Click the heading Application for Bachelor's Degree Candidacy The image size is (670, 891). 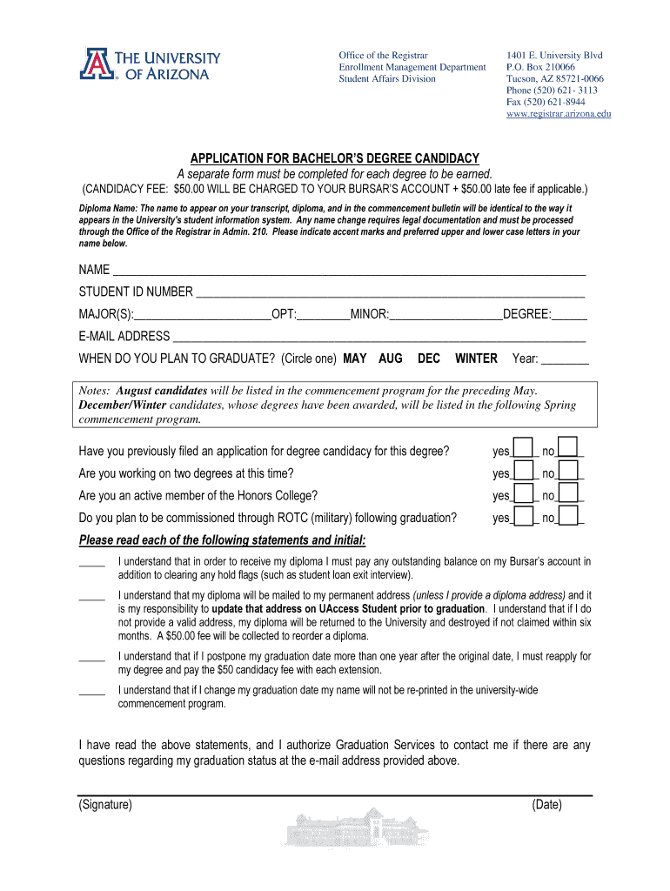click(x=335, y=158)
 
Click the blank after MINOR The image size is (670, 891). click(x=446, y=314)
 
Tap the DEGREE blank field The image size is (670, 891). click(x=569, y=314)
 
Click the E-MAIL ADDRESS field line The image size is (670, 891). click(x=379, y=337)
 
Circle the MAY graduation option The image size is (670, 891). click(x=355, y=358)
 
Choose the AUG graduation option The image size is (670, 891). click(x=391, y=358)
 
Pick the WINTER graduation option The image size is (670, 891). click(x=476, y=358)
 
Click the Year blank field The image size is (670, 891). click(x=565, y=359)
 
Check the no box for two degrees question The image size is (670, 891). click(x=567, y=471)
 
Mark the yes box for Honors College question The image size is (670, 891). click(x=523, y=493)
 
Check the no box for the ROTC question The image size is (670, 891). click(x=567, y=516)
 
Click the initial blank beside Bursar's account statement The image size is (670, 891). click(x=91, y=565)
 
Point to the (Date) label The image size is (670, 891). click(x=547, y=805)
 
